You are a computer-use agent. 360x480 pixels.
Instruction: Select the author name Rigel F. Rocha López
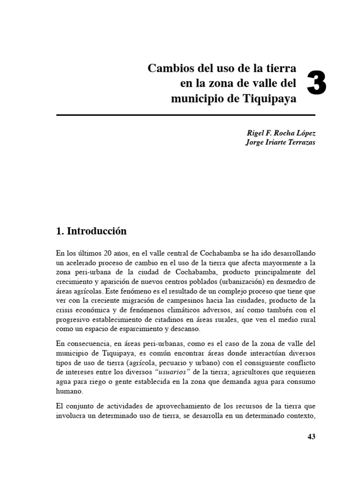(278, 134)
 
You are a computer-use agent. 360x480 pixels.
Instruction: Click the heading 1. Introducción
(91, 231)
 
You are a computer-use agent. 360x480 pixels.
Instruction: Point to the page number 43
(312, 436)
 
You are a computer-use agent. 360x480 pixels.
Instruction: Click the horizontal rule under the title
(186, 115)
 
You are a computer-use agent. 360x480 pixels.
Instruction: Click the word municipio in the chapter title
(194, 99)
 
